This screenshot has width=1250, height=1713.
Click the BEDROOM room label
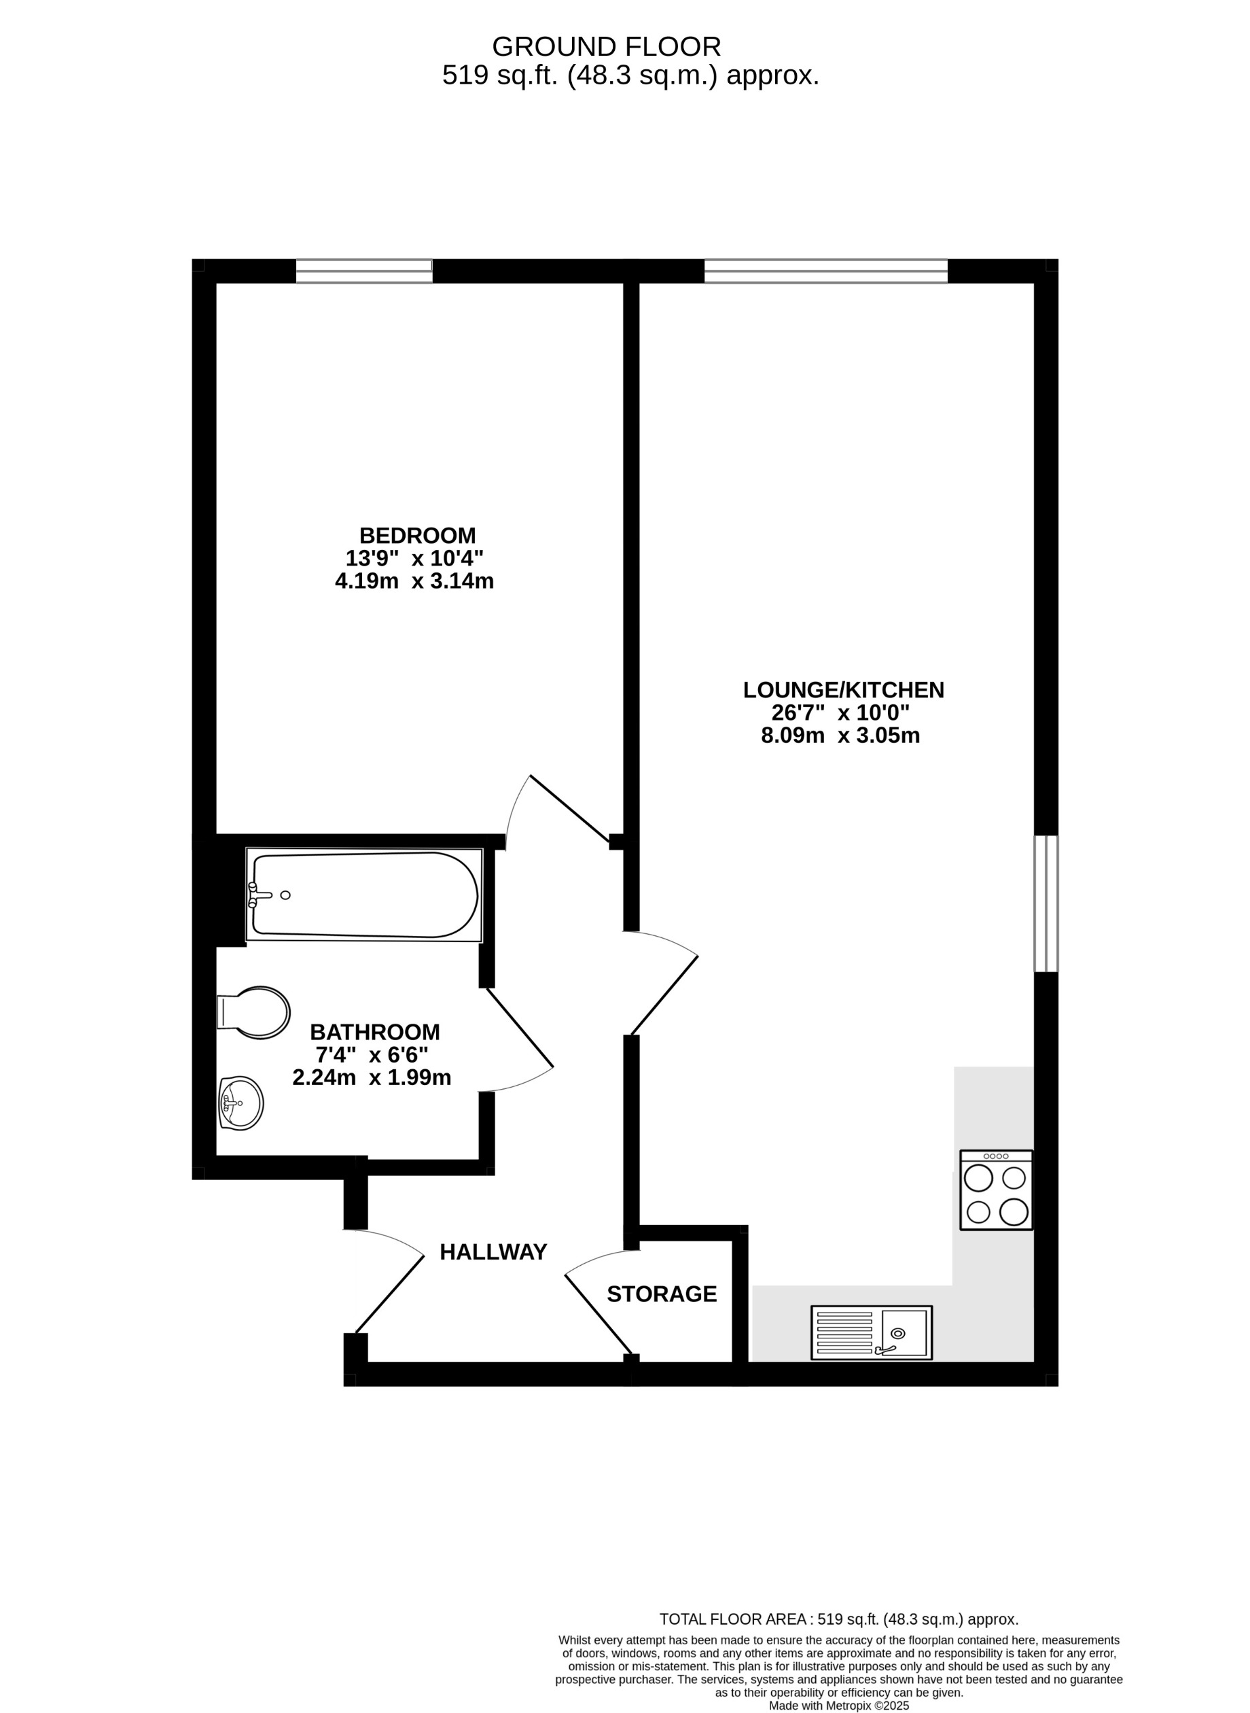click(417, 535)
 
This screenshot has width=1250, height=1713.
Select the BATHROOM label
click(374, 1032)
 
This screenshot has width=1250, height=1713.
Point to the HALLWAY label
click(493, 1252)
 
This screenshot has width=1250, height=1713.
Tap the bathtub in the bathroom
click(365, 895)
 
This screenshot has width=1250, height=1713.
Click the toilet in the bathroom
click(255, 1012)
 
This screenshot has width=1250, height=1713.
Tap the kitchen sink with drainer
click(871, 1332)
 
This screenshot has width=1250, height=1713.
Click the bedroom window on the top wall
click(364, 271)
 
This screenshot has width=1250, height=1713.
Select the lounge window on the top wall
click(825, 271)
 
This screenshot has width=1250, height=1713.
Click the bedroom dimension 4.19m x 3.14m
click(414, 581)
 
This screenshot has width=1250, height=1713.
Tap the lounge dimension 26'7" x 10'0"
click(840, 712)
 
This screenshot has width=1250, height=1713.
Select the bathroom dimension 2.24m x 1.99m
click(372, 1077)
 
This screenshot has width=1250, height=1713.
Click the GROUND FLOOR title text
click(606, 47)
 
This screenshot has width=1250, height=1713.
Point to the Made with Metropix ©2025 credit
click(838, 1699)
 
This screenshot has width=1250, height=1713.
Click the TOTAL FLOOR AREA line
click(838, 1619)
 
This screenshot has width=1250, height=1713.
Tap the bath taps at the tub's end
click(259, 895)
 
